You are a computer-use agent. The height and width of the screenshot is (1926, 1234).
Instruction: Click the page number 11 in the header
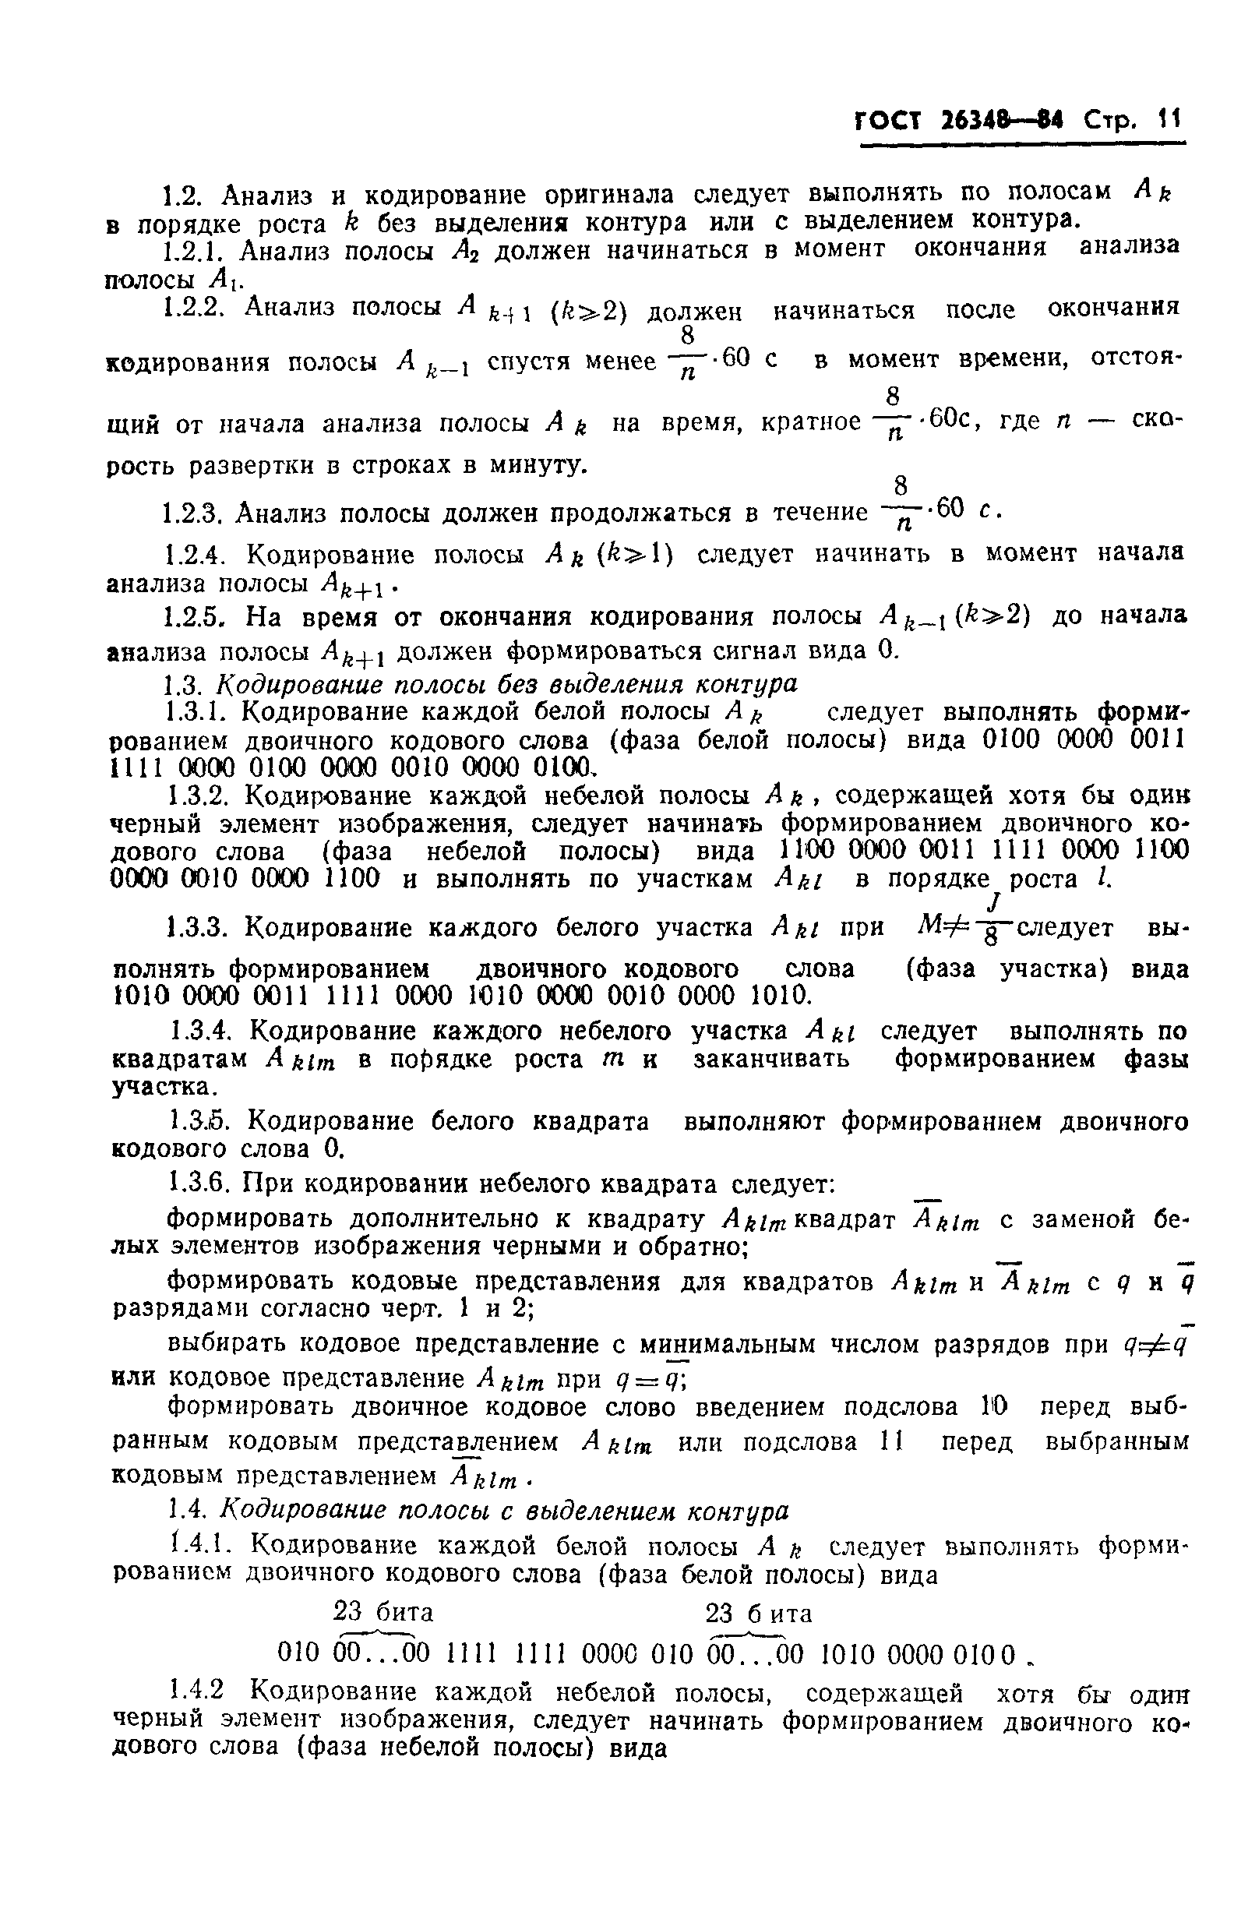pos(1169,121)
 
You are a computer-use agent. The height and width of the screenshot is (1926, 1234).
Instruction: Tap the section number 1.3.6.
pos(198,1184)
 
